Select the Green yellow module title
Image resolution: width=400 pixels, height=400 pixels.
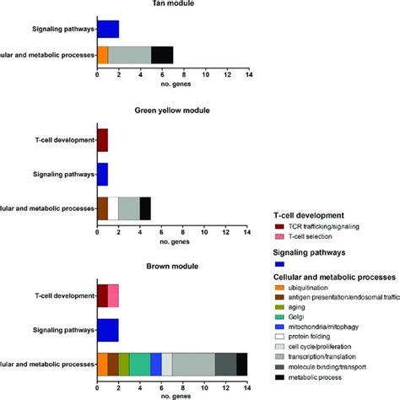tap(172, 111)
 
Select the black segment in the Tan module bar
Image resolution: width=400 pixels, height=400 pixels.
tap(162, 55)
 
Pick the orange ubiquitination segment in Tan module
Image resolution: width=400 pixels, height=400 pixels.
tap(103, 55)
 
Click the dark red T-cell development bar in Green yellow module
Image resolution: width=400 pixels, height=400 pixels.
tap(103, 139)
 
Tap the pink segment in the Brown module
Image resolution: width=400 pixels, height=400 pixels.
tap(113, 296)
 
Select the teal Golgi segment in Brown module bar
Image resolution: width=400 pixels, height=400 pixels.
tap(140, 364)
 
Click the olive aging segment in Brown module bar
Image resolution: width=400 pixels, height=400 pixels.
tap(124, 364)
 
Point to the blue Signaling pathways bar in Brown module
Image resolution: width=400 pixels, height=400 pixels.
tap(108, 329)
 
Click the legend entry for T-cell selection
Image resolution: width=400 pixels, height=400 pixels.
tap(313, 237)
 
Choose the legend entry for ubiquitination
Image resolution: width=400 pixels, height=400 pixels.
tap(312, 289)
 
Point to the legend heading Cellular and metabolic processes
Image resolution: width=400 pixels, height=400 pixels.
tap(333, 277)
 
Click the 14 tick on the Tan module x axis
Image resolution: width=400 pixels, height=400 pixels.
tap(247, 76)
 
